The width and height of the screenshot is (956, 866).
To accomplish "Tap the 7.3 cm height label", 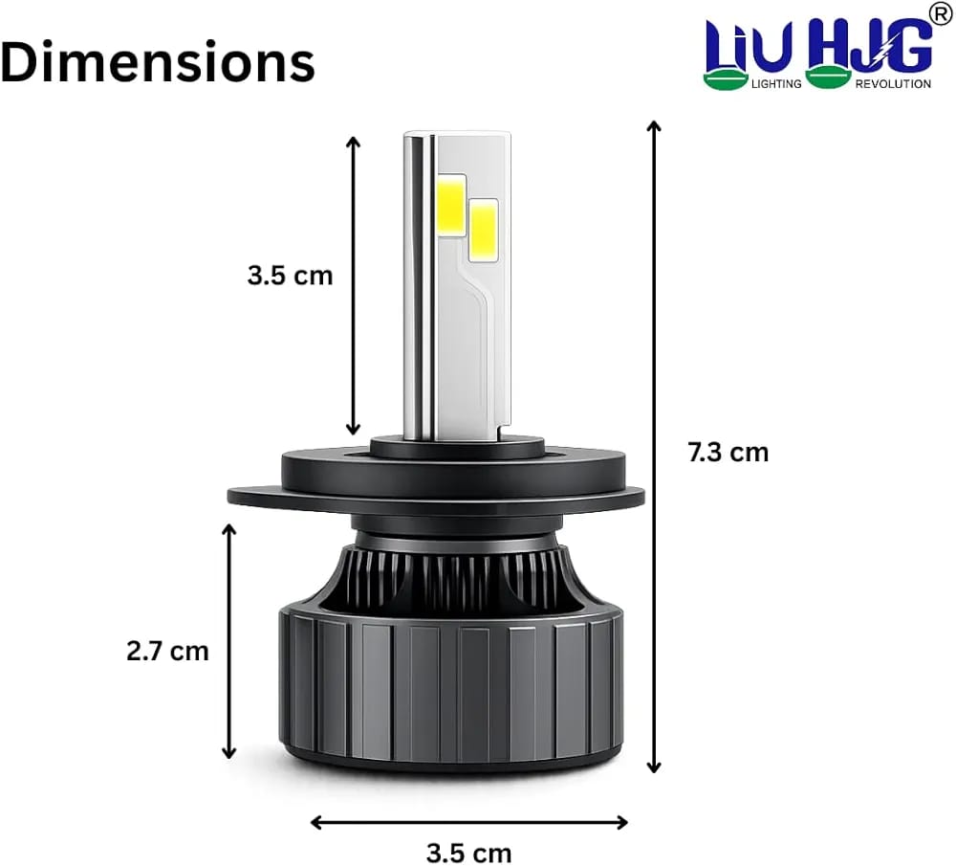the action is [x=728, y=453].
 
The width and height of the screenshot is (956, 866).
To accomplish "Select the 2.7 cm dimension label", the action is [x=167, y=652].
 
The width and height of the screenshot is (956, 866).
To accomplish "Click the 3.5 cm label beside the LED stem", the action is [x=291, y=276].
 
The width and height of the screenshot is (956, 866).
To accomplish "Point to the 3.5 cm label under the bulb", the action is [x=468, y=853].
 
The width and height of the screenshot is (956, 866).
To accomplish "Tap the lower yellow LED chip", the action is [x=484, y=230].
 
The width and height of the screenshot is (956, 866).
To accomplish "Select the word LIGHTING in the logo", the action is [x=776, y=83].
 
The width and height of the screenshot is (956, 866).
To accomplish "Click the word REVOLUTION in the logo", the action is [x=893, y=83].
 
